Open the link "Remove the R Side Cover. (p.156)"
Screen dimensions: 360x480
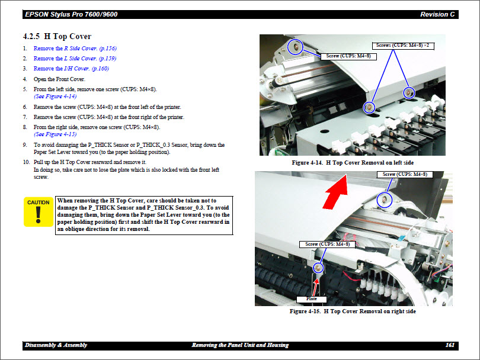pos(75,49)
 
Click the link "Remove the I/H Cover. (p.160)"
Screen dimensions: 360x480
pos(71,69)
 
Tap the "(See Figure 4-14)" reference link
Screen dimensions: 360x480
pos(55,96)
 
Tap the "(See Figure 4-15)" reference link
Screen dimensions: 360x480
pos(55,134)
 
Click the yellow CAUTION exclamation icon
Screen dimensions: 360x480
pos(39,211)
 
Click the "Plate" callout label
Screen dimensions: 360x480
pos(312,298)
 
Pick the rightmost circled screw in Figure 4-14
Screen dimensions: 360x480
pos(408,92)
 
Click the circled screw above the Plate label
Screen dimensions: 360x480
pos(318,268)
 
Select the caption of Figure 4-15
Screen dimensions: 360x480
pos(353,311)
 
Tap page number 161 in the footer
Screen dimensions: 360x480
pos(449,345)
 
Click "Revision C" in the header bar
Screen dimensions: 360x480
pos(437,14)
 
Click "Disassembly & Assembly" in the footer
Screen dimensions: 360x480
pos(56,345)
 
